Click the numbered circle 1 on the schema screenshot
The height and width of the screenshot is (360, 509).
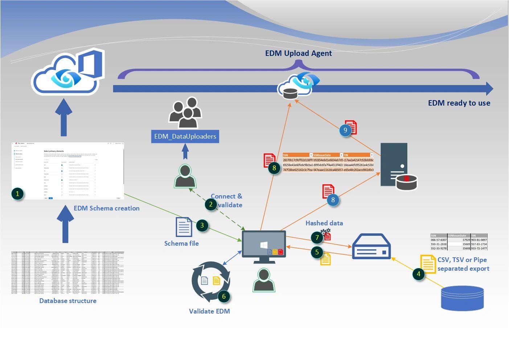[x=17, y=193]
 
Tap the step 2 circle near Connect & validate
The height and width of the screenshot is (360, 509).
[x=211, y=204]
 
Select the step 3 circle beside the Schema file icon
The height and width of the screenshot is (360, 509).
[x=202, y=225]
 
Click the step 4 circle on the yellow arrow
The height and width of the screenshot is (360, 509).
[x=419, y=274]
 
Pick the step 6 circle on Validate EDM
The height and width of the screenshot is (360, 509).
[x=224, y=296]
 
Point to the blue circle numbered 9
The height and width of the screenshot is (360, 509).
[x=345, y=130]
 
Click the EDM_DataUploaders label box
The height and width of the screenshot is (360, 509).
[x=185, y=136]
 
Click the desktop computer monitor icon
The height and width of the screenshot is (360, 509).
[x=264, y=246]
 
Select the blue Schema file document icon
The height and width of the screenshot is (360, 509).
[x=184, y=227]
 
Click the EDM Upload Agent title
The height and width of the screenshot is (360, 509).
[x=298, y=53]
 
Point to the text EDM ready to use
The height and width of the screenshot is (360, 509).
[x=459, y=103]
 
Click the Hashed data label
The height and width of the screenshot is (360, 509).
[x=324, y=223]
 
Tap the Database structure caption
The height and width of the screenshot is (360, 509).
[x=68, y=301]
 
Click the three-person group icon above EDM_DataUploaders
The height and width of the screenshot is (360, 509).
[x=185, y=112]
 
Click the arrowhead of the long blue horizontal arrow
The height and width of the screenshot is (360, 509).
[x=489, y=89]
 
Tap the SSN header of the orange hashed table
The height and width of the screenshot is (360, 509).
[x=286, y=155]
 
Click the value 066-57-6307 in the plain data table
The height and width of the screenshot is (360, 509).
[x=439, y=240]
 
